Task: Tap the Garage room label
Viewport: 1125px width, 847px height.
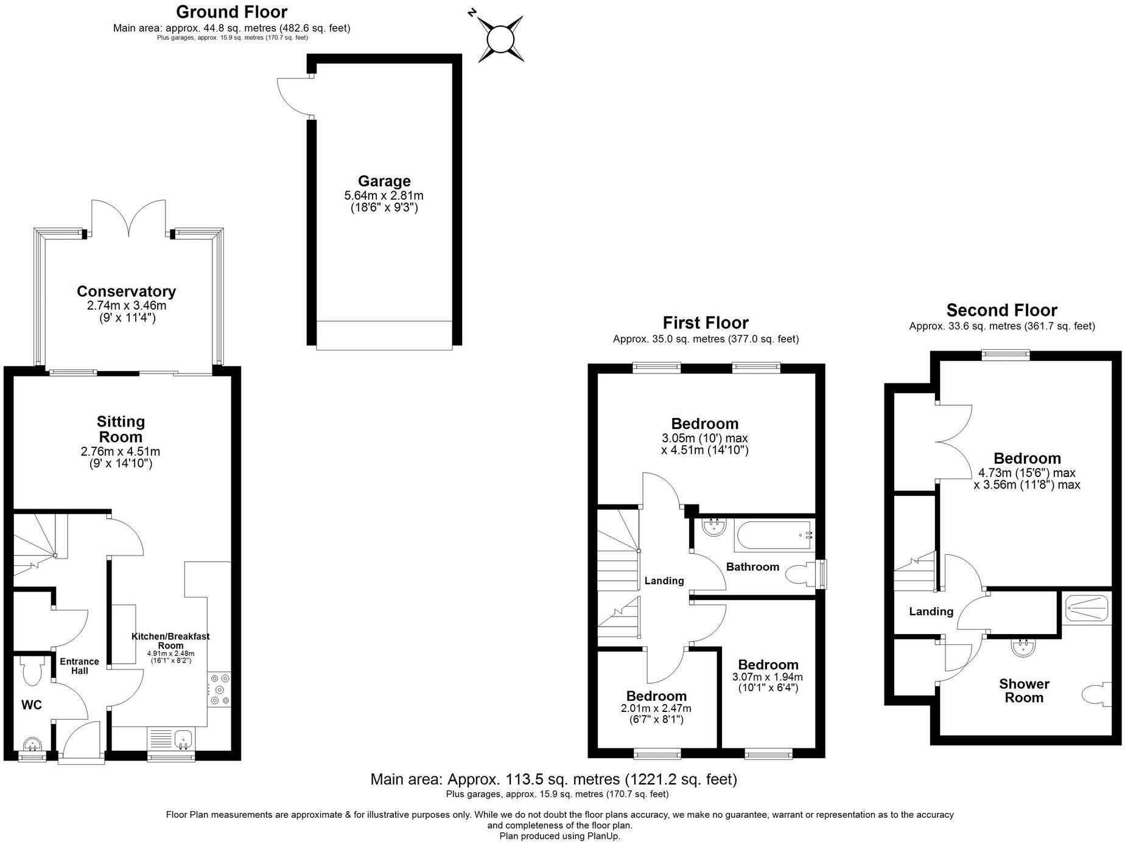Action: pos(384,181)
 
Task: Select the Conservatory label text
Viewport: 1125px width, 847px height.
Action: pos(126,291)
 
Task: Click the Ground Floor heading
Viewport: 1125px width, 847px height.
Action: pos(231,12)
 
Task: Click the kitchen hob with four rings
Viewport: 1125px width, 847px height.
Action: pos(219,689)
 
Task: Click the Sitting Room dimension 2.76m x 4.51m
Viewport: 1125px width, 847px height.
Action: pos(120,451)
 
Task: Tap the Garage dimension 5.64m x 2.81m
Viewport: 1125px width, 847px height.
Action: pos(384,196)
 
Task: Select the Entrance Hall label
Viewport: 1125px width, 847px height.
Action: pos(79,666)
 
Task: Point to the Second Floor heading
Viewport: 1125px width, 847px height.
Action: pos(1001,310)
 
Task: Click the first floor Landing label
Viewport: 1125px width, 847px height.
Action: pos(664,581)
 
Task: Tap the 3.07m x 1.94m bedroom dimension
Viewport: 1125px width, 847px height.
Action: pos(767,677)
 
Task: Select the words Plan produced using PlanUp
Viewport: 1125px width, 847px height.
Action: pos(559,836)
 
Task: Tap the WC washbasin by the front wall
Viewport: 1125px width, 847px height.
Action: pos(31,744)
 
